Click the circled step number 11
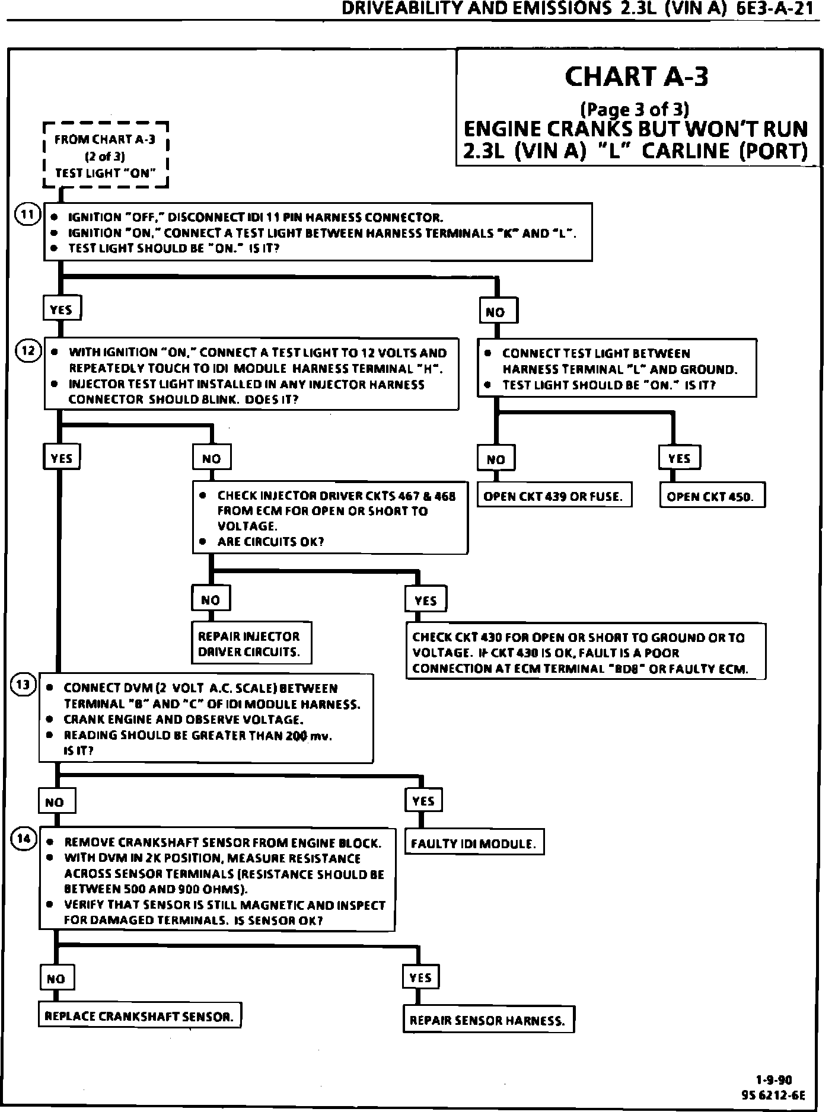pos(26,215)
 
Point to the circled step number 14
pos(24,839)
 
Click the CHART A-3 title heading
pos(636,76)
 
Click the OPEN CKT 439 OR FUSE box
pos(554,497)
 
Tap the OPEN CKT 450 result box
pos(712,497)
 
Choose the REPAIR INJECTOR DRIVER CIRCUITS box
pos(251,644)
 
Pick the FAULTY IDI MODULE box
pos(473,843)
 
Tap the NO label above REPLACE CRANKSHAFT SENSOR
pos(56,979)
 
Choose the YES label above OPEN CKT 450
pos(679,458)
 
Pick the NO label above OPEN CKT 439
pos(496,459)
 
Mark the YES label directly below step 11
pos(61,309)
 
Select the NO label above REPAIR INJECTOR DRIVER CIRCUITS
pos(211,600)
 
